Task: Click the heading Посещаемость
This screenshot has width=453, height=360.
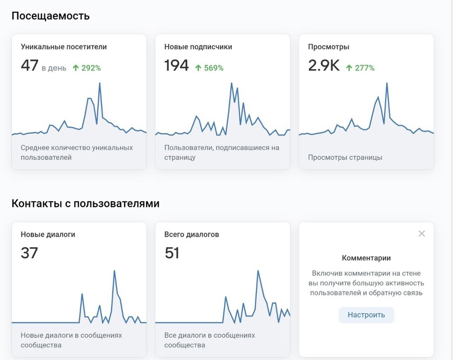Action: tap(51, 16)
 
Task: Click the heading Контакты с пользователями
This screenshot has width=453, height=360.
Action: tap(85, 203)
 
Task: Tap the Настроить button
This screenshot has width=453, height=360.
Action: tap(366, 315)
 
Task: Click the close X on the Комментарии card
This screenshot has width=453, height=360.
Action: tap(422, 234)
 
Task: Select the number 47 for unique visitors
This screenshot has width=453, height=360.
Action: tap(29, 66)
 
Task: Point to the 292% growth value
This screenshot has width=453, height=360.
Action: tap(91, 68)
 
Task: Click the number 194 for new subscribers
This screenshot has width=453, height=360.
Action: tap(176, 66)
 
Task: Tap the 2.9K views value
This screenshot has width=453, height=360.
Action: tap(324, 66)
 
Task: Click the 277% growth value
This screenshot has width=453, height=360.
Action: tap(364, 68)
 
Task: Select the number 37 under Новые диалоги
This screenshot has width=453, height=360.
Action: tap(29, 253)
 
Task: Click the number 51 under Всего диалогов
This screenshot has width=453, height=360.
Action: tap(172, 253)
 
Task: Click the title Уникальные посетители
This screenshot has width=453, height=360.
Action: tap(63, 47)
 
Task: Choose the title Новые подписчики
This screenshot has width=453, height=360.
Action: tap(198, 47)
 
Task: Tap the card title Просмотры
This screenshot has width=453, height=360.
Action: tap(328, 47)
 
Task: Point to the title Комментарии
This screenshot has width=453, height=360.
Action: tap(366, 258)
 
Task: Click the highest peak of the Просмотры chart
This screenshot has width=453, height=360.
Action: tap(387, 84)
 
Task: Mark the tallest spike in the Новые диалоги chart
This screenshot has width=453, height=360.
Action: tap(115, 271)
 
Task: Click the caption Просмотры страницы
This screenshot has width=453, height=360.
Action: tap(345, 157)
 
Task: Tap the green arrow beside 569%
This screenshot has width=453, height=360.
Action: tap(198, 68)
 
